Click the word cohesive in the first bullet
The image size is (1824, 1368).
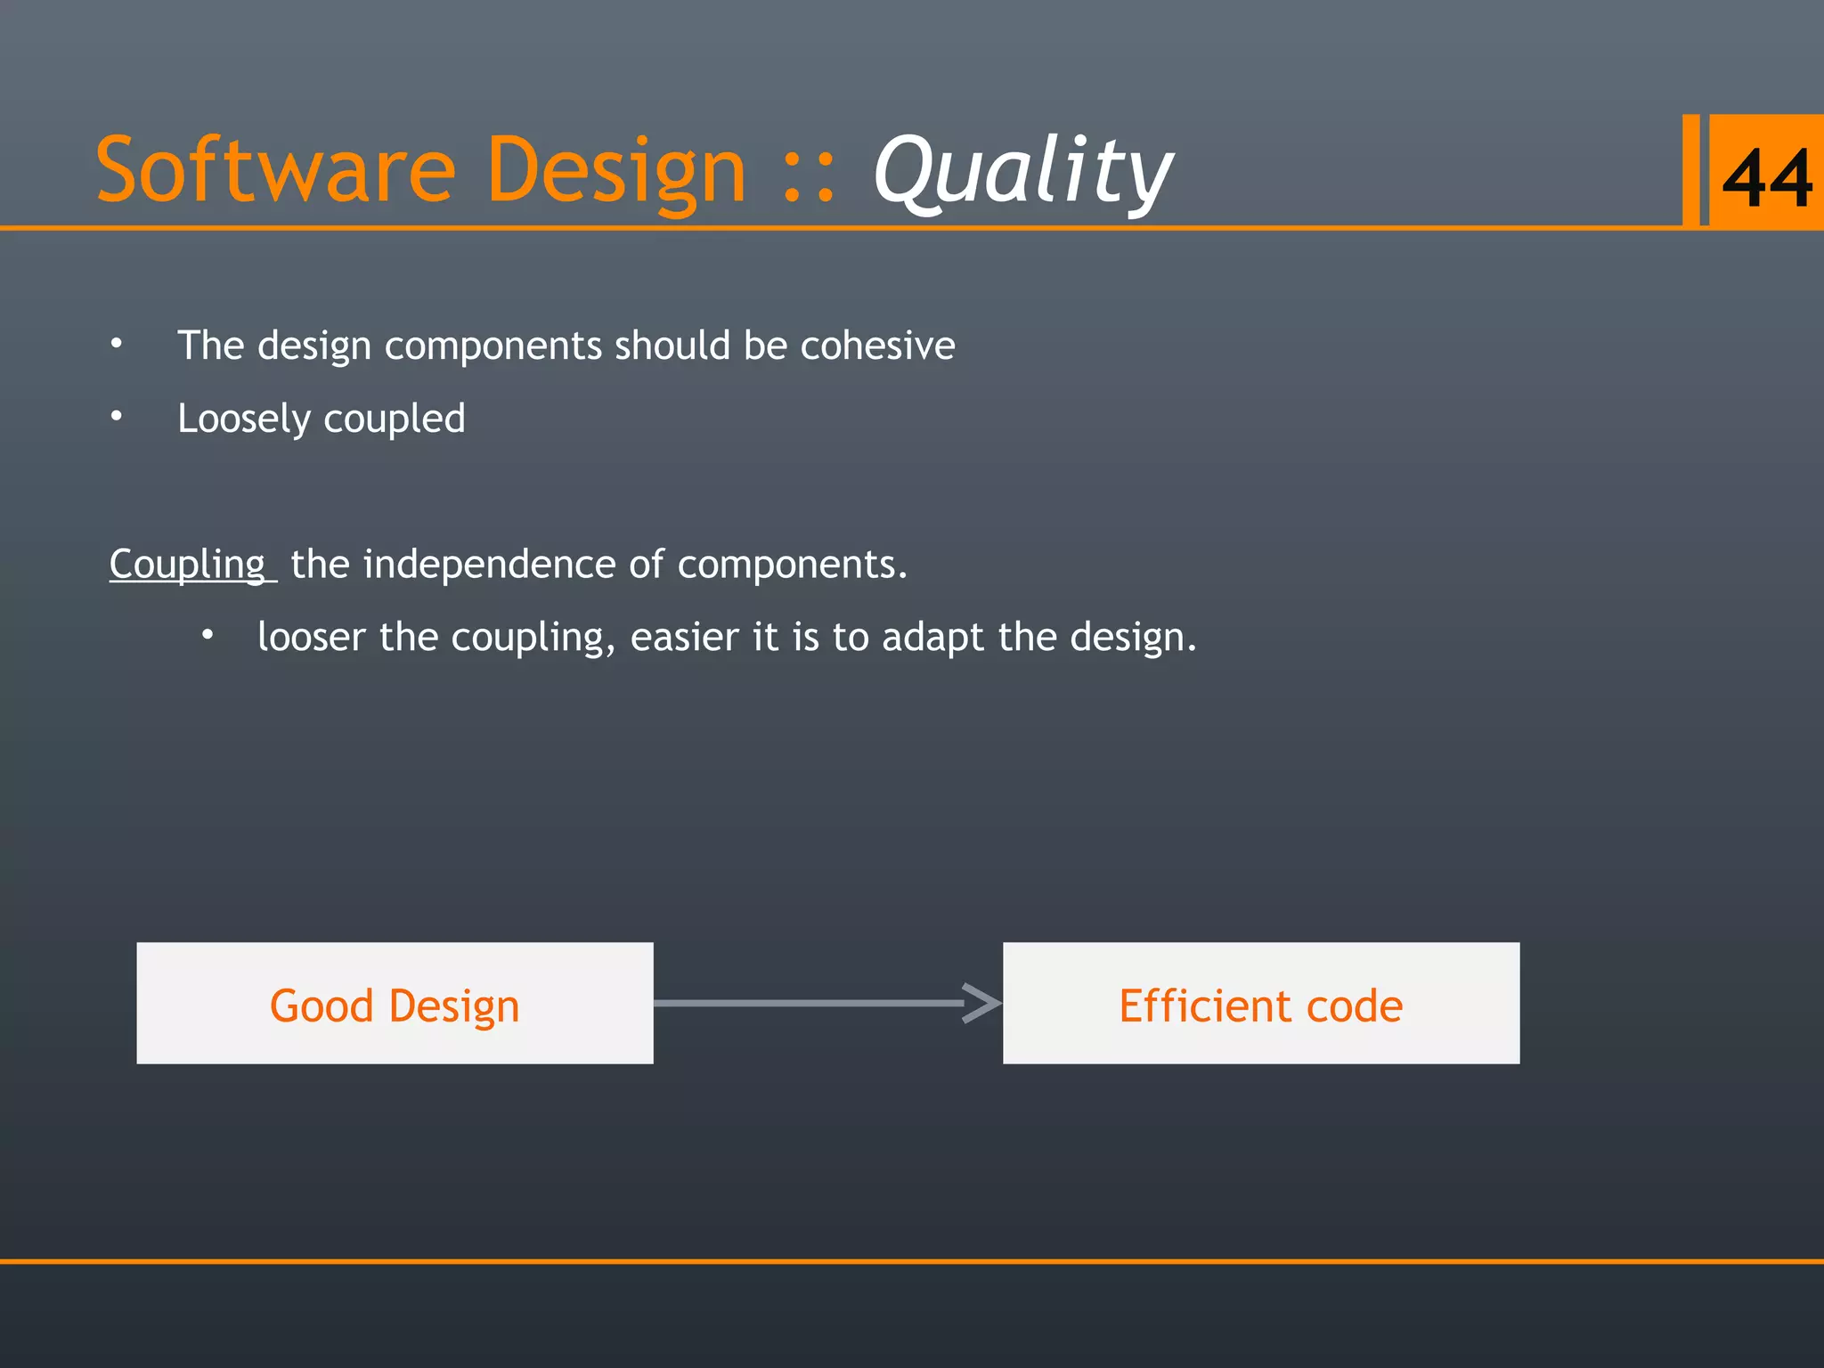click(x=876, y=346)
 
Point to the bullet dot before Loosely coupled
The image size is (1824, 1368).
click(x=117, y=416)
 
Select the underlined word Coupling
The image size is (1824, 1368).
click(x=187, y=565)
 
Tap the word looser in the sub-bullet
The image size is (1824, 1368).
click(x=311, y=638)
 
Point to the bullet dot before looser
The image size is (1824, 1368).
click(x=207, y=635)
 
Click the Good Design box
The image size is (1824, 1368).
click(x=395, y=1003)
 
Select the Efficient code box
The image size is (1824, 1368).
click(x=1260, y=1003)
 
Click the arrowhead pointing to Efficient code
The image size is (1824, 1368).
click(x=983, y=1003)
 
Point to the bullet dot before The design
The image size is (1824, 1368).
click(x=117, y=343)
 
